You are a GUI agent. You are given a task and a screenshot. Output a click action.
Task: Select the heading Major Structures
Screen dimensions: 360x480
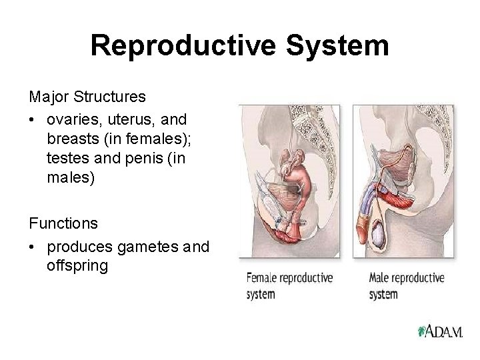(87, 97)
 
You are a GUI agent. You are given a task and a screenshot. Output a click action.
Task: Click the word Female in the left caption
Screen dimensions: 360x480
(263, 277)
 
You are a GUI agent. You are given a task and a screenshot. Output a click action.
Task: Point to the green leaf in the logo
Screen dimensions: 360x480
(421, 331)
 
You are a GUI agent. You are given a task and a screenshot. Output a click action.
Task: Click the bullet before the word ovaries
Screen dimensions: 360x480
(32, 120)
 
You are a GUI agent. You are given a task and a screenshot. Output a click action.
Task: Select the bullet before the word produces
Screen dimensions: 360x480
(32, 247)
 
